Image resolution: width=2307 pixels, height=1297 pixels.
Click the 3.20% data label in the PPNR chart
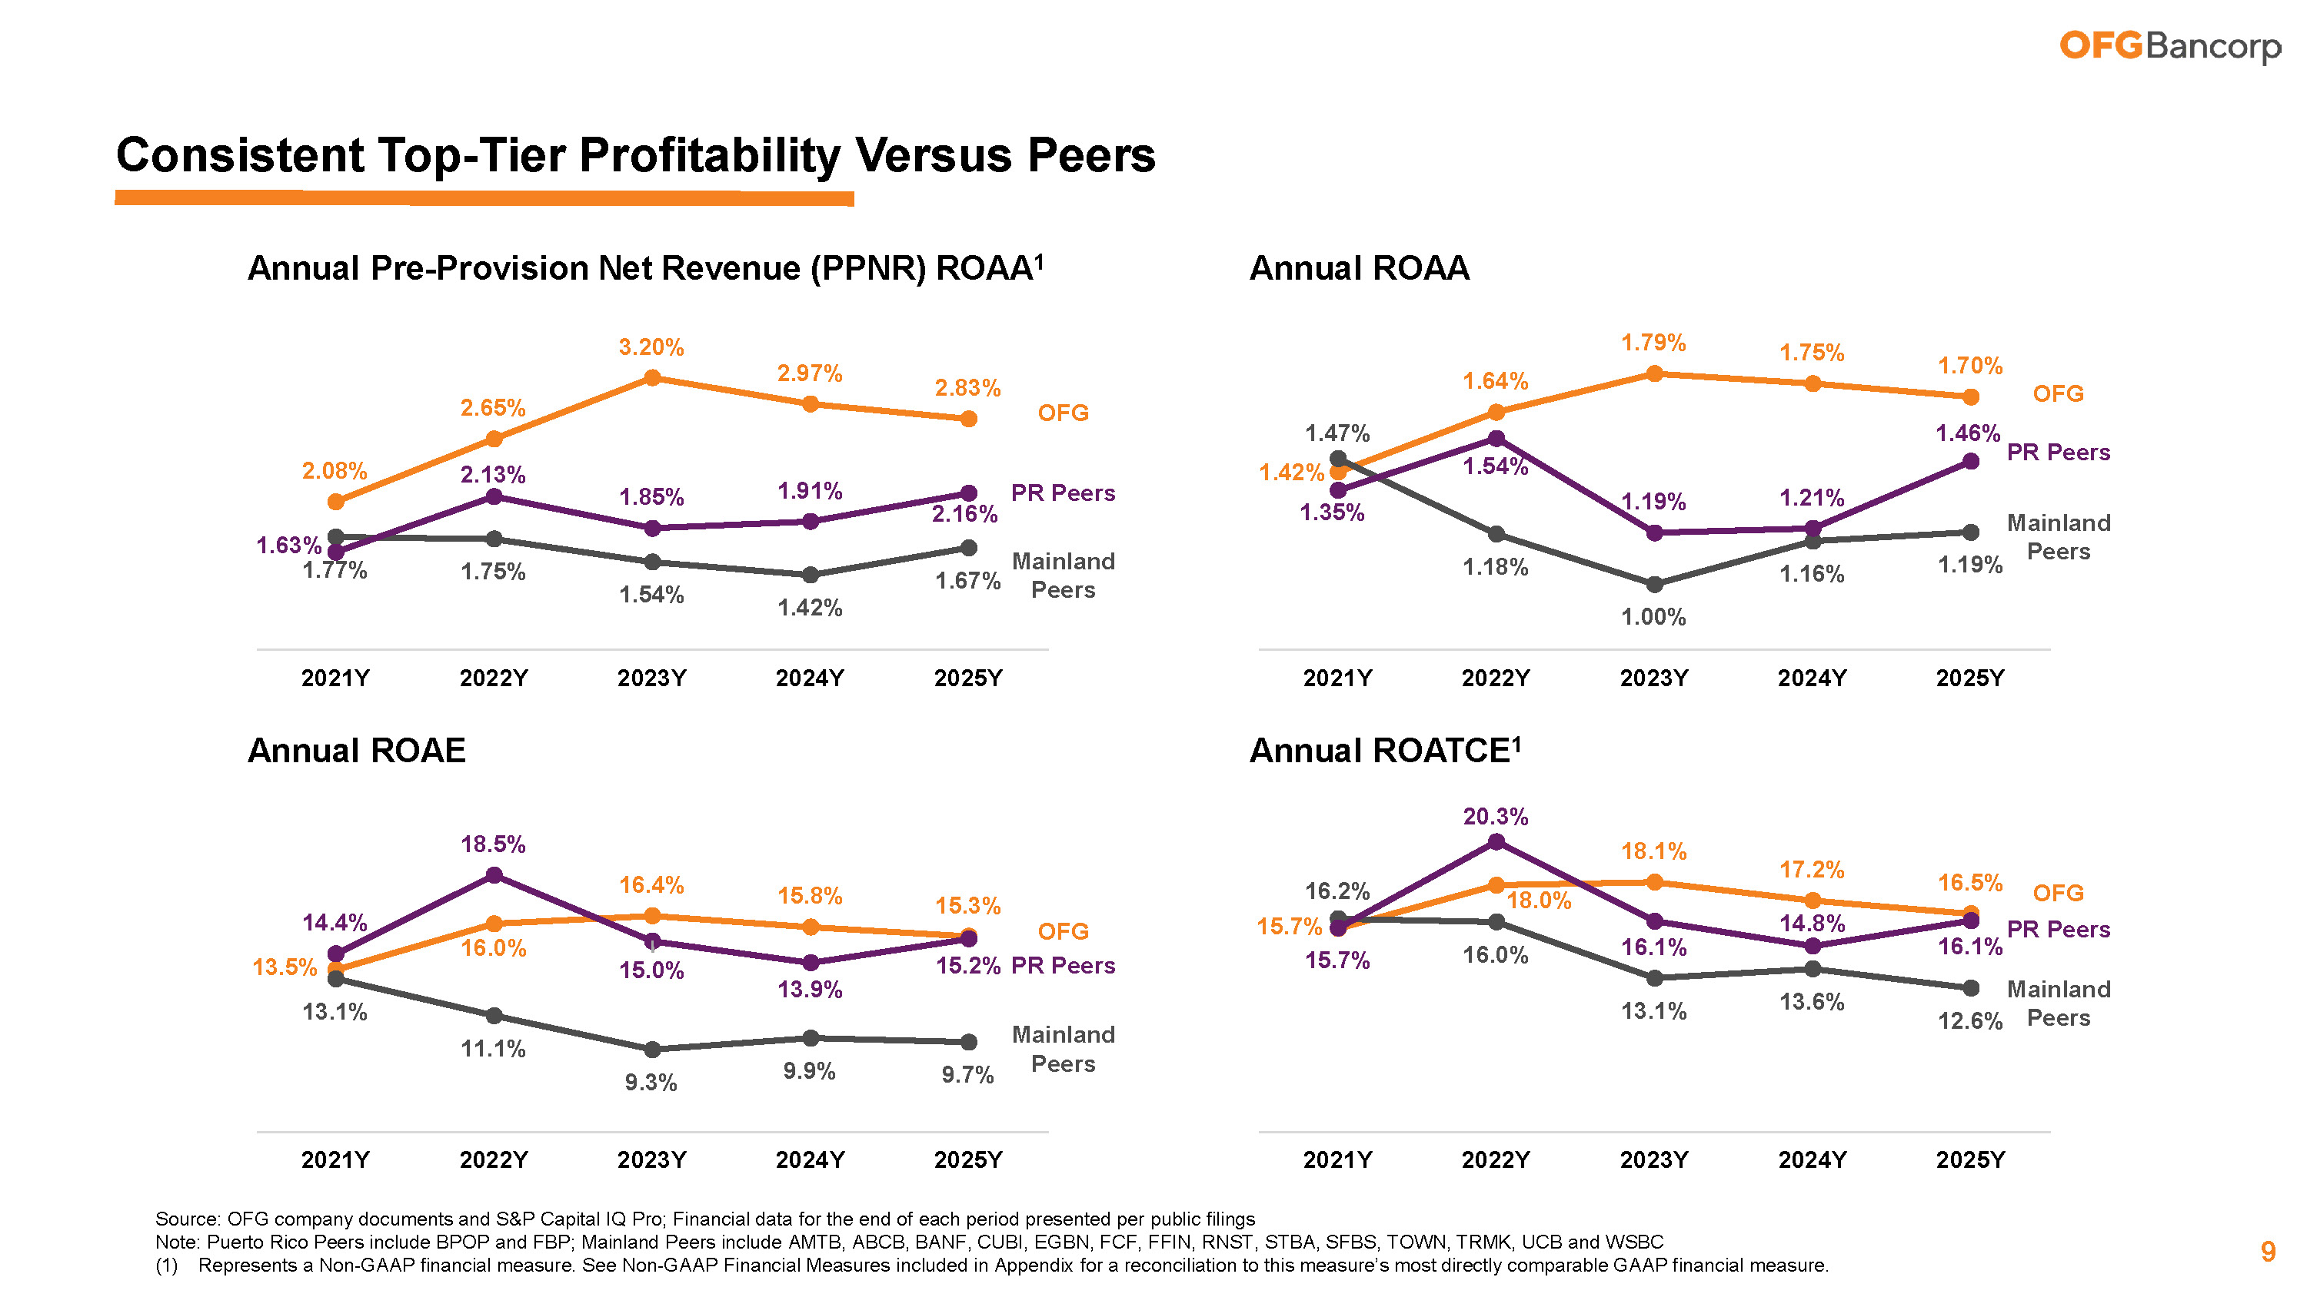click(x=651, y=347)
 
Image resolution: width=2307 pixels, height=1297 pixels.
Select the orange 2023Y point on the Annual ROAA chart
click(x=1654, y=373)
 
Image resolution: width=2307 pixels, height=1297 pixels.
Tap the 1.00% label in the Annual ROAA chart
click(x=1653, y=617)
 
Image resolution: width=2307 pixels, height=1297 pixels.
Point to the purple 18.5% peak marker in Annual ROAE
click(x=494, y=875)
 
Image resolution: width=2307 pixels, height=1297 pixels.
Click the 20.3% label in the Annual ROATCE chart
click(x=1496, y=816)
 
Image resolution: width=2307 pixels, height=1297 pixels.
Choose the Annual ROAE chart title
click(x=357, y=750)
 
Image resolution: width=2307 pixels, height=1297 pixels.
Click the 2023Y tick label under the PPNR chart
click(x=651, y=678)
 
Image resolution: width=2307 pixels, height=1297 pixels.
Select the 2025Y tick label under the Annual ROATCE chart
click(x=1970, y=1159)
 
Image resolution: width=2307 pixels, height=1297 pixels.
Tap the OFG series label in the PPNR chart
click(x=1063, y=413)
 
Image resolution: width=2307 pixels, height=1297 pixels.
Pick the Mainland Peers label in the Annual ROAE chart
click(x=1063, y=1049)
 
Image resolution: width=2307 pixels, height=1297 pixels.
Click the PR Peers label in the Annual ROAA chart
click(x=2058, y=452)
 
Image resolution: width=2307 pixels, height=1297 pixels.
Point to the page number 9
click(x=2268, y=1252)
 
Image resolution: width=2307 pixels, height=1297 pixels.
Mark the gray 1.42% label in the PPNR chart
click(x=810, y=608)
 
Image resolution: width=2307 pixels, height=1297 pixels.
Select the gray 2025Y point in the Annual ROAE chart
click(x=968, y=1042)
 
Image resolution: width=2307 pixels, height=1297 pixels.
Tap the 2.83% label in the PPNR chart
click(x=967, y=387)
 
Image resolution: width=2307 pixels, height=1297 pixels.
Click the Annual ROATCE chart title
click(x=1384, y=750)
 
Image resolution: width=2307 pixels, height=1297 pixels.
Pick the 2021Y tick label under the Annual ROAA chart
click(x=1337, y=678)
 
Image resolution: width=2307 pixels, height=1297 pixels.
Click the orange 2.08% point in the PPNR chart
click(x=336, y=503)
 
